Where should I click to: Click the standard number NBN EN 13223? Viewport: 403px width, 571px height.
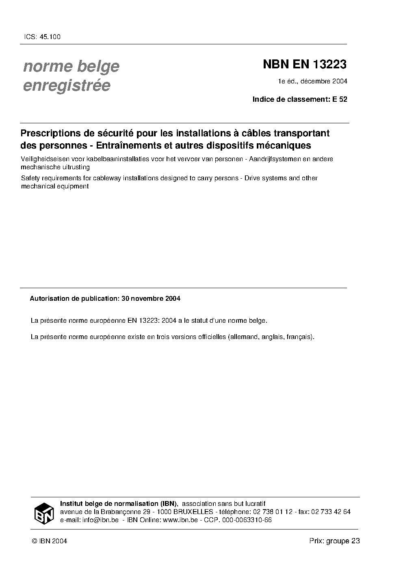(305, 64)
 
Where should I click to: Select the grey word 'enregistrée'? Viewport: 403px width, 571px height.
(67, 86)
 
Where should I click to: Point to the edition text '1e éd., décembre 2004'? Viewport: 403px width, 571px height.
(312, 81)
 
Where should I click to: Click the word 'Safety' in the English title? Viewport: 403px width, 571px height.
(30, 178)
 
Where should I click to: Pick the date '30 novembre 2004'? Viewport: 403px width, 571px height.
(151, 298)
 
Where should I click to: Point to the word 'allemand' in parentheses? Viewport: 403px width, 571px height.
(243, 337)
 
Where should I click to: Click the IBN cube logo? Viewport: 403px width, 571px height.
(43, 513)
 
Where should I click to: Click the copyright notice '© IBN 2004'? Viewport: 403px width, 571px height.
(49, 541)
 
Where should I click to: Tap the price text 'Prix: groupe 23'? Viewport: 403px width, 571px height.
(334, 541)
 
